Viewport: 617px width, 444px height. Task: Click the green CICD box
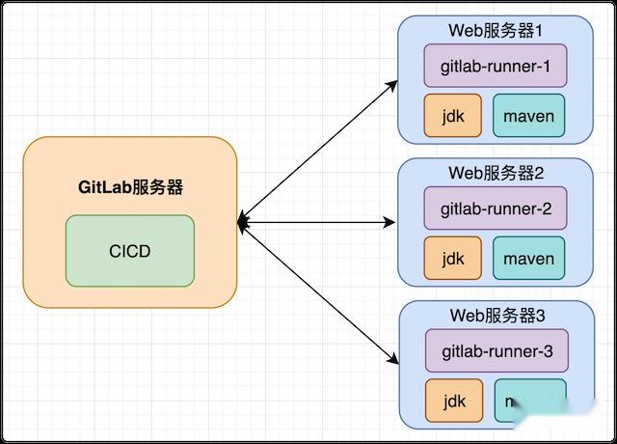(129, 251)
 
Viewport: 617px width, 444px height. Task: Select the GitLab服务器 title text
(130, 187)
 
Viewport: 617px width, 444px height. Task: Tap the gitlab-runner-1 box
(496, 66)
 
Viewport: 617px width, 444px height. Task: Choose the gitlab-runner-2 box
(496, 208)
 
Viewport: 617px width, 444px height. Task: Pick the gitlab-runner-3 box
(496, 349)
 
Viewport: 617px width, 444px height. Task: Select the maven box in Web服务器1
(529, 117)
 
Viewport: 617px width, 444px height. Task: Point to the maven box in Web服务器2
(529, 259)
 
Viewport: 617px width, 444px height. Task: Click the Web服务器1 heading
(496, 30)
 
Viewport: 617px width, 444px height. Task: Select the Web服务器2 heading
(496, 173)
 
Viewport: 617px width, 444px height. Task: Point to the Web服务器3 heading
(496, 315)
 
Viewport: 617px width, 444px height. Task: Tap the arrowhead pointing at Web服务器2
(390, 223)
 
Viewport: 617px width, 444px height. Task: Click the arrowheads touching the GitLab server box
(243, 223)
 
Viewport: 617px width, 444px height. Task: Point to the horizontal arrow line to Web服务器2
(318, 223)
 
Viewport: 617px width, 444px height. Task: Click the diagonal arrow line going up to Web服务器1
(318, 153)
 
